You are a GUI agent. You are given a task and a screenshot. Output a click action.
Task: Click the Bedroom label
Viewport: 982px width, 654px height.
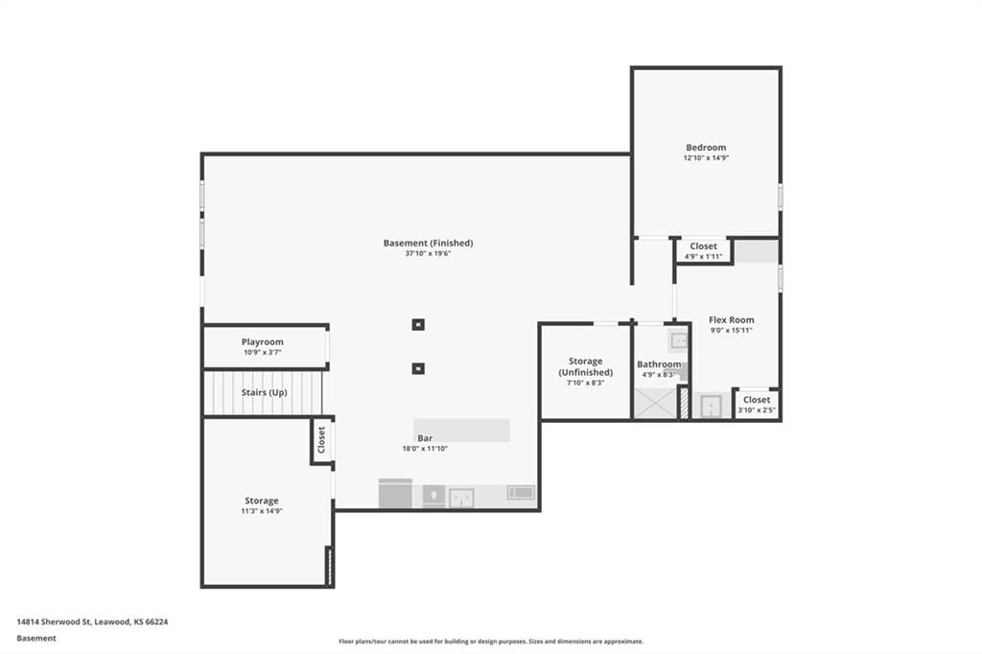(x=706, y=148)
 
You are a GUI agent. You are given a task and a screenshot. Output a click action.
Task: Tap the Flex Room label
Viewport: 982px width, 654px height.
(x=732, y=320)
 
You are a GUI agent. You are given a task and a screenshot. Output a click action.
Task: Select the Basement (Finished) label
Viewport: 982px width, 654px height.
(x=429, y=243)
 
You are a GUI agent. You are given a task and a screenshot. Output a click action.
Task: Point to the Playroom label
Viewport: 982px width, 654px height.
(x=263, y=342)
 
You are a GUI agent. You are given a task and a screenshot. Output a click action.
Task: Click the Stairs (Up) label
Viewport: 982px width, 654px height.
(x=265, y=393)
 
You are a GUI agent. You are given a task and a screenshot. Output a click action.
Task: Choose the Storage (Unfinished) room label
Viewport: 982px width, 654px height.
(x=586, y=366)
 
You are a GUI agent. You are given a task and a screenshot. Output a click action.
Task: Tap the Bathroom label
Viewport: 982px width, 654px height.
(x=659, y=364)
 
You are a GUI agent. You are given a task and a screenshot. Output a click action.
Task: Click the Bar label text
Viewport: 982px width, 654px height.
(x=425, y=438)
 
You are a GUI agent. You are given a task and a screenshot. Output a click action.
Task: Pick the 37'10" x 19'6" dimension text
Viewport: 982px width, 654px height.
(x=428, y=254)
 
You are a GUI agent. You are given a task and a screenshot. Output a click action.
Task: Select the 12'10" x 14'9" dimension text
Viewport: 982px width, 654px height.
(x=706, y=158)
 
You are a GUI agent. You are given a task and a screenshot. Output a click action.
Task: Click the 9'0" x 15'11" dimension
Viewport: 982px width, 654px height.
(x=732, y=330)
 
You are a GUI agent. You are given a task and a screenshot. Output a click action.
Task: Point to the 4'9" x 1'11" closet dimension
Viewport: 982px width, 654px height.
(x=703, y=256)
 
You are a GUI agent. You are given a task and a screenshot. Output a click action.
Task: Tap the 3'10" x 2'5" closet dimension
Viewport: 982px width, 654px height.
(x=757, y=410)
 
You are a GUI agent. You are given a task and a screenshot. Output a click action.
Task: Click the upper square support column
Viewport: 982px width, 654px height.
(x=418, y=324)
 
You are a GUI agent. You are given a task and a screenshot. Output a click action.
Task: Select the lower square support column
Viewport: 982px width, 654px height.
(x=418, y=368)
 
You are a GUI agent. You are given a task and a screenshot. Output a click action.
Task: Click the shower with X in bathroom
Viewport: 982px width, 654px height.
(x=656, y=404)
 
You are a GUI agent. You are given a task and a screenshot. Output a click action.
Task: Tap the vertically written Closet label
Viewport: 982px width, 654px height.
(x=321, y=440)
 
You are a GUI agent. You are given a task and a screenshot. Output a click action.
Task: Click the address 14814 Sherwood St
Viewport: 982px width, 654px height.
(x=55, y=622)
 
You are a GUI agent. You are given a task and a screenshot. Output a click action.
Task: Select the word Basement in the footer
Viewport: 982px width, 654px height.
(x=36, y=639)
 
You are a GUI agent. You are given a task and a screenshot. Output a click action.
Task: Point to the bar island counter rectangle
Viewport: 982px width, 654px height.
(x=461, y=431)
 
